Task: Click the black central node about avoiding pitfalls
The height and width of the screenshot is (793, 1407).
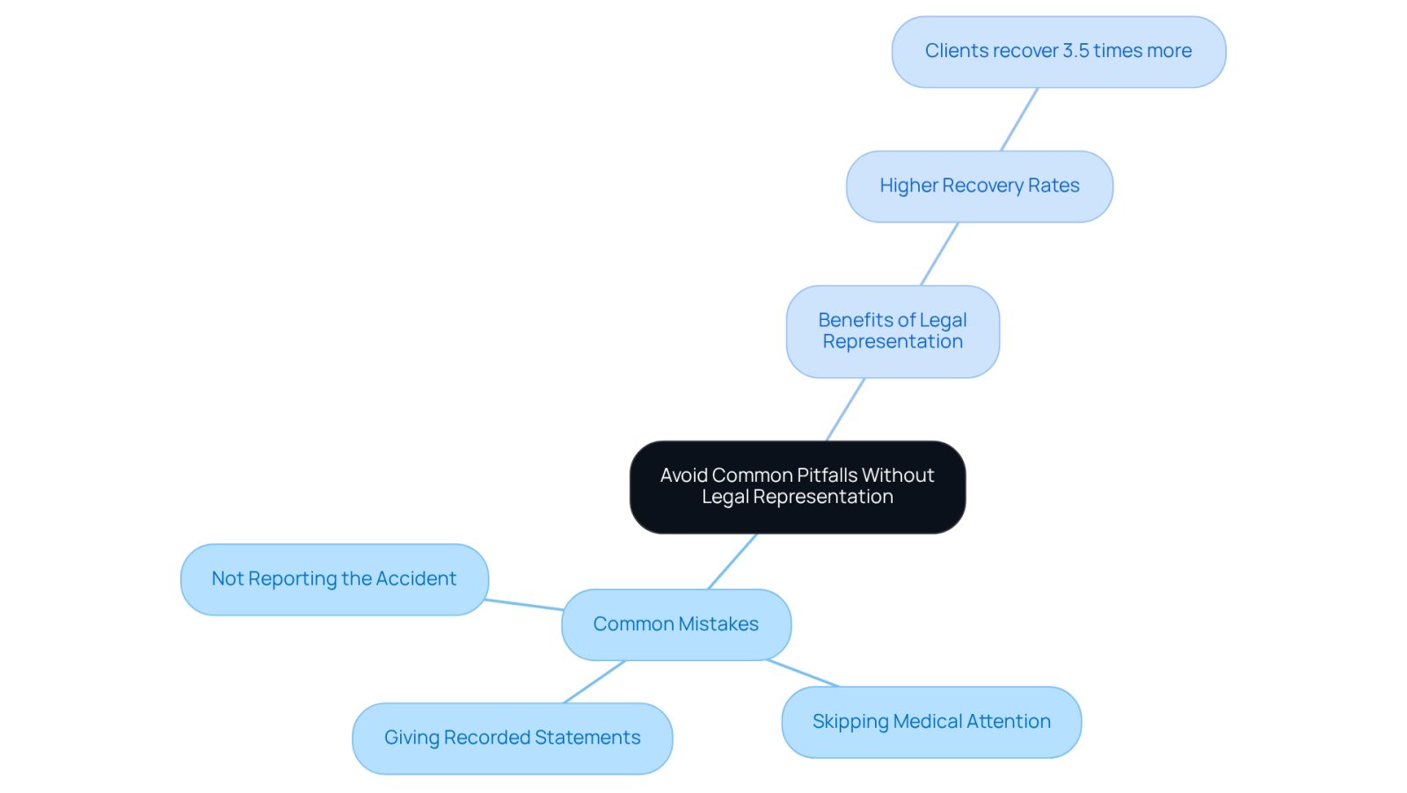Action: [798, 487]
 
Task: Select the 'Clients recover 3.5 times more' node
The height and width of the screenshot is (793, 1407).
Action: [1059, 52]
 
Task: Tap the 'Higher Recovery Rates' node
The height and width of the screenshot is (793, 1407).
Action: [980, 186]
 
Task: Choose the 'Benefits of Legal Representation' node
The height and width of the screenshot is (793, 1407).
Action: [893, 331]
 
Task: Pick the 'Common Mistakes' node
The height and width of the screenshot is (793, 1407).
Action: [676, 625]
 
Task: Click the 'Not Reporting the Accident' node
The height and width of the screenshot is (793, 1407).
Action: [334, 579]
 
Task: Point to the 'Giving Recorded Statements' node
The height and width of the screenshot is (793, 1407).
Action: [512, 738]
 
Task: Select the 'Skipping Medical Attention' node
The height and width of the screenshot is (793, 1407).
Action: [931, 722]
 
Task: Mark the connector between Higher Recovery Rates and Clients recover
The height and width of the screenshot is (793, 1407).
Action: [1019, 120]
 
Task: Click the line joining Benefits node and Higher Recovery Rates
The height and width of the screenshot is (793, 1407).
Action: [940, 254]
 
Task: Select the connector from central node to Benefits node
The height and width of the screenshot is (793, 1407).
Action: [845, 410]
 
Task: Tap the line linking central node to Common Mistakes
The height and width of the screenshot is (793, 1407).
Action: [733, 561]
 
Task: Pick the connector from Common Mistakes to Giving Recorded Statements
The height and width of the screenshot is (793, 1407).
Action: [594, 682]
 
